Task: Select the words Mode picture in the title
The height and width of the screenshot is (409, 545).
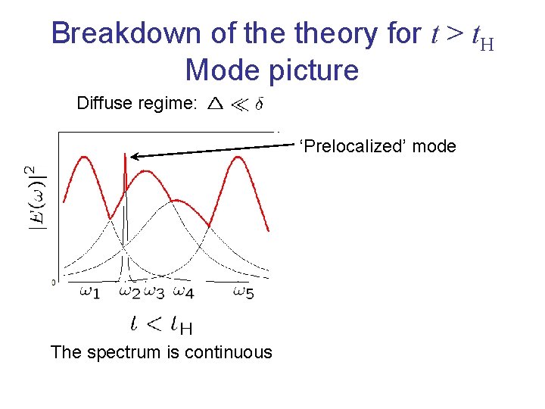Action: [x=272, y=70]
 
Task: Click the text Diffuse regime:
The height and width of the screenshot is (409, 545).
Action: [x=137, y=104]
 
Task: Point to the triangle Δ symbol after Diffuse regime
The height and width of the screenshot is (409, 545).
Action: [x=215, y=104]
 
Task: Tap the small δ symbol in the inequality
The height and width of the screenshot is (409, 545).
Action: [x=259, y=104]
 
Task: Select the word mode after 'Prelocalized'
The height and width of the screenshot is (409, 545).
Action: [x=434, y=145]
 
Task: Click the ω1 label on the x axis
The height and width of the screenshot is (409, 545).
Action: [x=89, y=291]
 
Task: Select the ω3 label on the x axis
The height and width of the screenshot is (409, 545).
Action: [x=154, y=291]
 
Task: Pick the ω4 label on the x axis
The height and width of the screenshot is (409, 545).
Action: [x=183, y=291]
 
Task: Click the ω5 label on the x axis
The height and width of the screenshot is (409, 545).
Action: [x=243, y=291]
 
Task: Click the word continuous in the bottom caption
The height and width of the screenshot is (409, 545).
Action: [x=224, y=352]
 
